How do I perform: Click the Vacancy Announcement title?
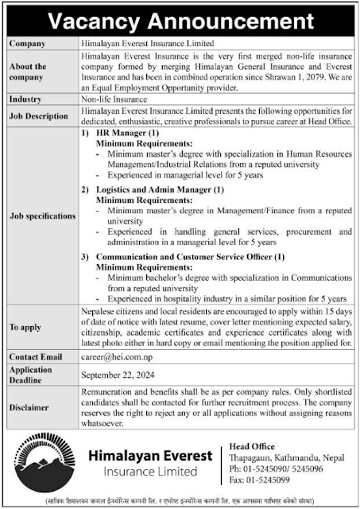coord(180,17)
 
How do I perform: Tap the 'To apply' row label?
coord(26,327)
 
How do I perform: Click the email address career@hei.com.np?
coord(115,358)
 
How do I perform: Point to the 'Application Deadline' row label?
coord(30,375)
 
